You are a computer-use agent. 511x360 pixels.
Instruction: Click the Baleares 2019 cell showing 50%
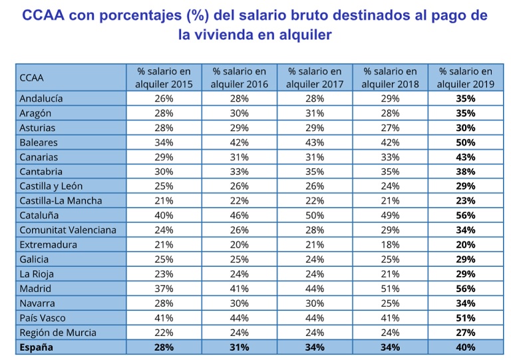466,142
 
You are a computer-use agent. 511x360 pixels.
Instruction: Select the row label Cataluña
39,216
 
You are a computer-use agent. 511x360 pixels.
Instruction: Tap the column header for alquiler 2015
164,77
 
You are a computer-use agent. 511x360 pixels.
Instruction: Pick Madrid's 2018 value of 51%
390,289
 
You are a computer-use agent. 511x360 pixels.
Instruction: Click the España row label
37,347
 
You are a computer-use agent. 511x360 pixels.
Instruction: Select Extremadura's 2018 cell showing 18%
390,245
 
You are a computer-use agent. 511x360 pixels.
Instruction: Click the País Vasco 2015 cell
164,318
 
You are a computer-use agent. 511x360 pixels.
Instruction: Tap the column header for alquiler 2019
466,77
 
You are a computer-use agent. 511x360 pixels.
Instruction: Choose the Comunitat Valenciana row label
68,230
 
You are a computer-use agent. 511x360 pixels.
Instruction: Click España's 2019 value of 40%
466,347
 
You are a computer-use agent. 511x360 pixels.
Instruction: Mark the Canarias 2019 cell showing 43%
466,157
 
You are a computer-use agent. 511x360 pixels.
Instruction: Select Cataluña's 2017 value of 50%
315,216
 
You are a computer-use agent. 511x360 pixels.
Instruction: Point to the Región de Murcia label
58,333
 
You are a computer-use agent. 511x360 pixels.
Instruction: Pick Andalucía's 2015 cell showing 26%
164,98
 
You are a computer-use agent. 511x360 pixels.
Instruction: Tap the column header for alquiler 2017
315,77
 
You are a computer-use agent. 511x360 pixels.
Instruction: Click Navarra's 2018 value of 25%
390,303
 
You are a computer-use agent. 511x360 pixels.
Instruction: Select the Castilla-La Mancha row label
61,201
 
